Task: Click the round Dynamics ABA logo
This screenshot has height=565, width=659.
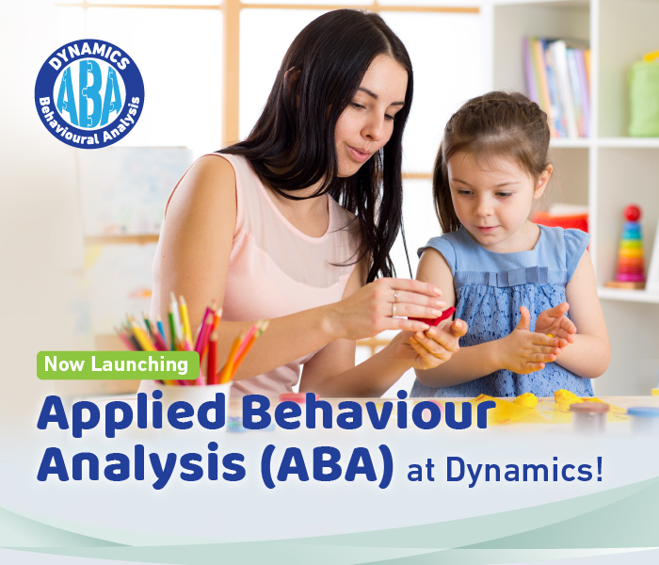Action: click(x=89, y=93)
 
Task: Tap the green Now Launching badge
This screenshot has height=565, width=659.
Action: click(x=118, y=364)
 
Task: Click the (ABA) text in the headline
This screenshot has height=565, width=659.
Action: click(x=329, y=468)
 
